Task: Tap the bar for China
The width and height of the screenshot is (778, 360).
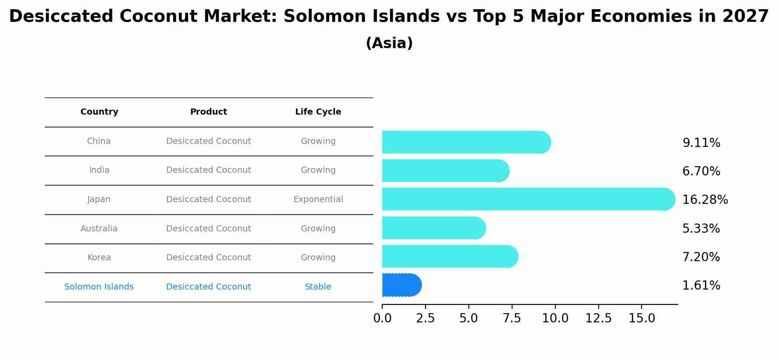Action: pos(466,142)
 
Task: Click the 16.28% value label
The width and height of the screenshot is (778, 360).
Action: pos(705,200)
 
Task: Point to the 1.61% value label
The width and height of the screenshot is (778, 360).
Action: pos(701,286)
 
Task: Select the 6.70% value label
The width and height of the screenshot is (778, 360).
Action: pos(701,171)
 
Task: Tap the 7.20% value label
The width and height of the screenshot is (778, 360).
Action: pos(701,257)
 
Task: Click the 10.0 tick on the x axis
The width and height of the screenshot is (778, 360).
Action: pos(555,318)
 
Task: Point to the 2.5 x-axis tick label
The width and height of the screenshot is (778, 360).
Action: pos(426,318)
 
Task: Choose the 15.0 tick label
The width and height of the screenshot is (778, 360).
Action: pos(642,318)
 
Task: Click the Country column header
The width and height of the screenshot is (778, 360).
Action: pos(99,112)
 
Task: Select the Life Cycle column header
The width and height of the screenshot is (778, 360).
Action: pos(318,112)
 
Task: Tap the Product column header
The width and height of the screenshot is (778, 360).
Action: pos(209,112)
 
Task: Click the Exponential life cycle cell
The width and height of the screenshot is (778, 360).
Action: pos(318,199)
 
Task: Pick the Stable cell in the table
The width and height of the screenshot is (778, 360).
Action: pos(318,287)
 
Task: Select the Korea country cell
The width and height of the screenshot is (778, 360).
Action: pos(99,258)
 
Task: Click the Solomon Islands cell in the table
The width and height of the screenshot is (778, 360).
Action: pos(99,287)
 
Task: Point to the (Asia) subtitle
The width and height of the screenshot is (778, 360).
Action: pos(389,43)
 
